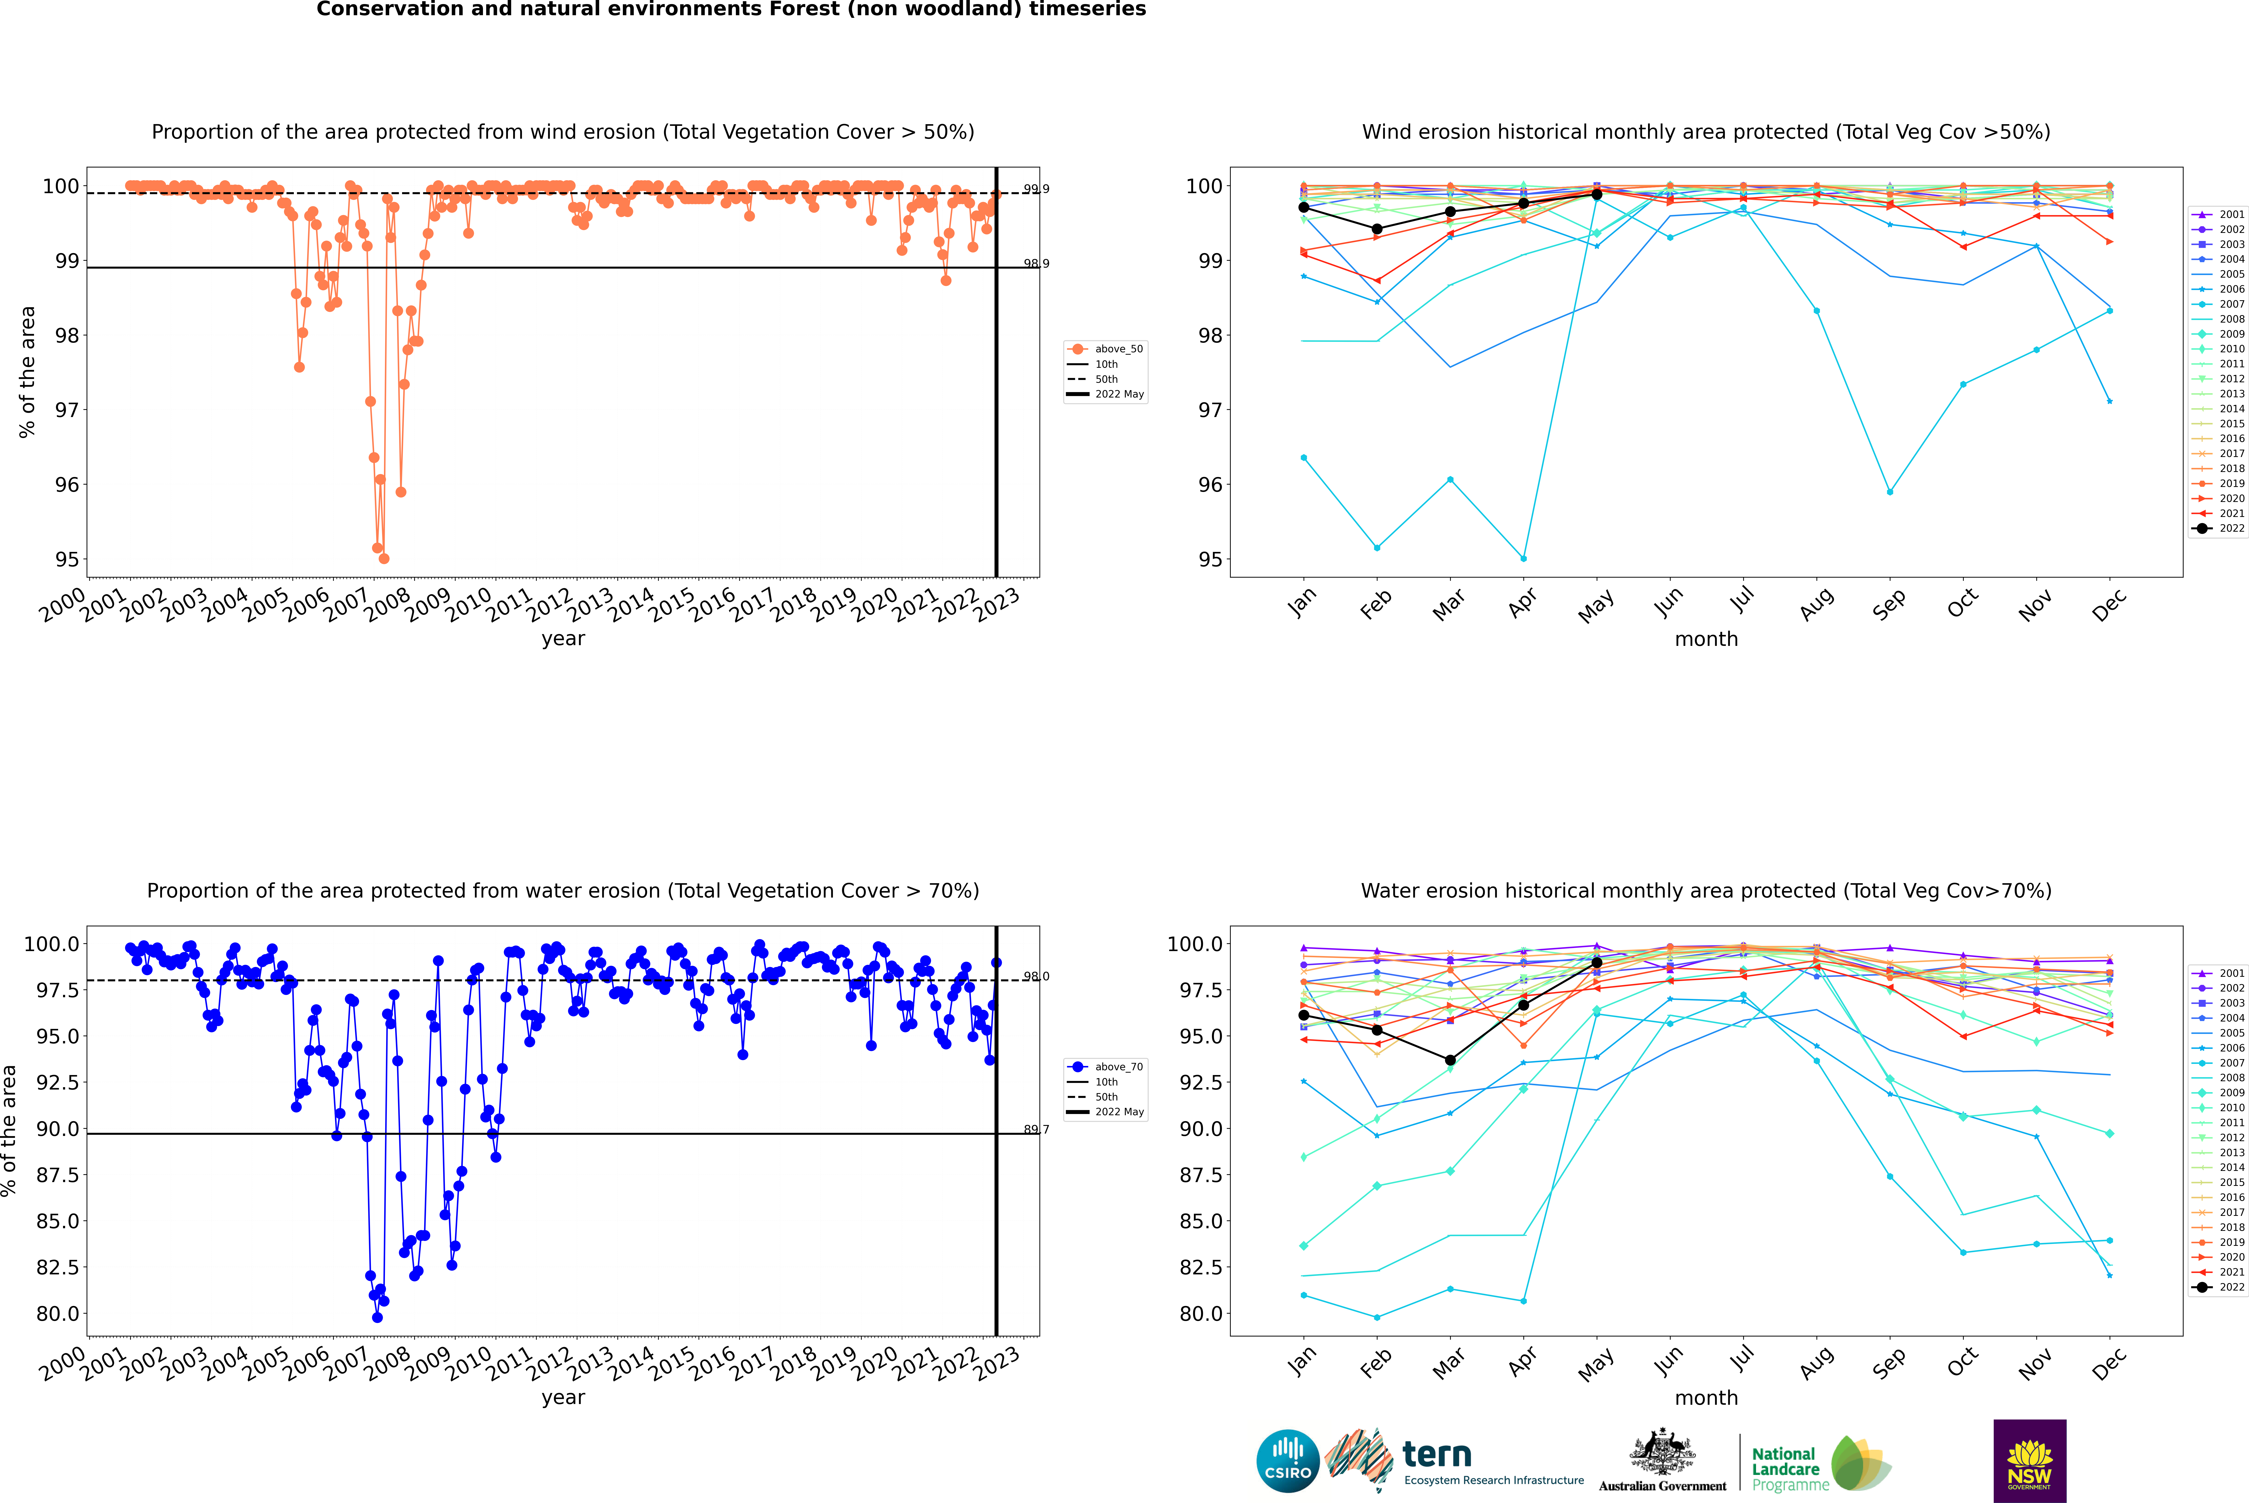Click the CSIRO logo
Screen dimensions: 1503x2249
pyautogui.click(x=1288, y=1461)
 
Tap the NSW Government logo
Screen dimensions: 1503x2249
pyautogui.click(x=2029, y=1461)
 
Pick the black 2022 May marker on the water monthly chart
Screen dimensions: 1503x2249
pyautogui.click(x=1596, y=962)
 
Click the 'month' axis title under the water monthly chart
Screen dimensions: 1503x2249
pyautogui.click(x=1705, y=1398)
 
